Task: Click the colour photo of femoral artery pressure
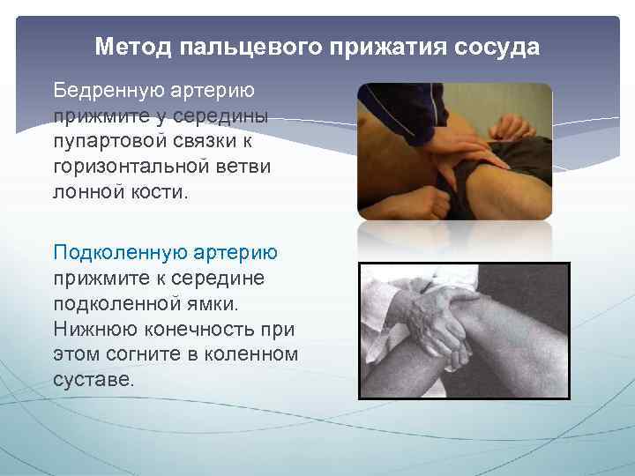coord(454,152)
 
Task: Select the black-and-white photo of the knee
coord(464,331)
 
